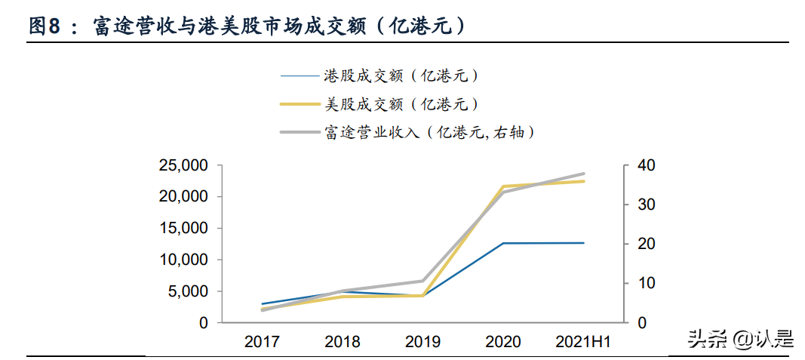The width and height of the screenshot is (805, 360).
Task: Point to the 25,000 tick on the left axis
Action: coord(184,165)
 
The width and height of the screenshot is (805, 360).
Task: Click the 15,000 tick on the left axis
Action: coord(184,228)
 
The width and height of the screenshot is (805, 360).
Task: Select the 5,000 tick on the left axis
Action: coord(188,291)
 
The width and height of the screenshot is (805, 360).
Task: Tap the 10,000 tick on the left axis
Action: coord(184,260)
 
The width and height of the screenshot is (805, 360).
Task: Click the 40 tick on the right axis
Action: coord(647,165)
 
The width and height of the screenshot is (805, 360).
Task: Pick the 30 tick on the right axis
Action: coord(647,205)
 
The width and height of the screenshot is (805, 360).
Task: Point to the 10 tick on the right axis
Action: coord(647,283)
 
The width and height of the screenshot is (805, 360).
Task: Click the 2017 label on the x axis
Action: coord(262,342)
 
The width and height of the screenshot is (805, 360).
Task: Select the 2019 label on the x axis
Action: coord(422,342)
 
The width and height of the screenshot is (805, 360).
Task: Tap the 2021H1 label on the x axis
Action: coord(583,342)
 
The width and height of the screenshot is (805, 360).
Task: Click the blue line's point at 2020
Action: coord(503,243)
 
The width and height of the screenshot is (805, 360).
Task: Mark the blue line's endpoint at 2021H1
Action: coord(583,243)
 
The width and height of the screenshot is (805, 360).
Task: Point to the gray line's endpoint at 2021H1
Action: coord(583,174)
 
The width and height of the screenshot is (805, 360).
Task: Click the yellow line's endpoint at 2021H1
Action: coord(583,181)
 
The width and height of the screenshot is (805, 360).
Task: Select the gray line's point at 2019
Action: coord(422,281)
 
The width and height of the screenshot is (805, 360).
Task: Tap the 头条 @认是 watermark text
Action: coord(740,340)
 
